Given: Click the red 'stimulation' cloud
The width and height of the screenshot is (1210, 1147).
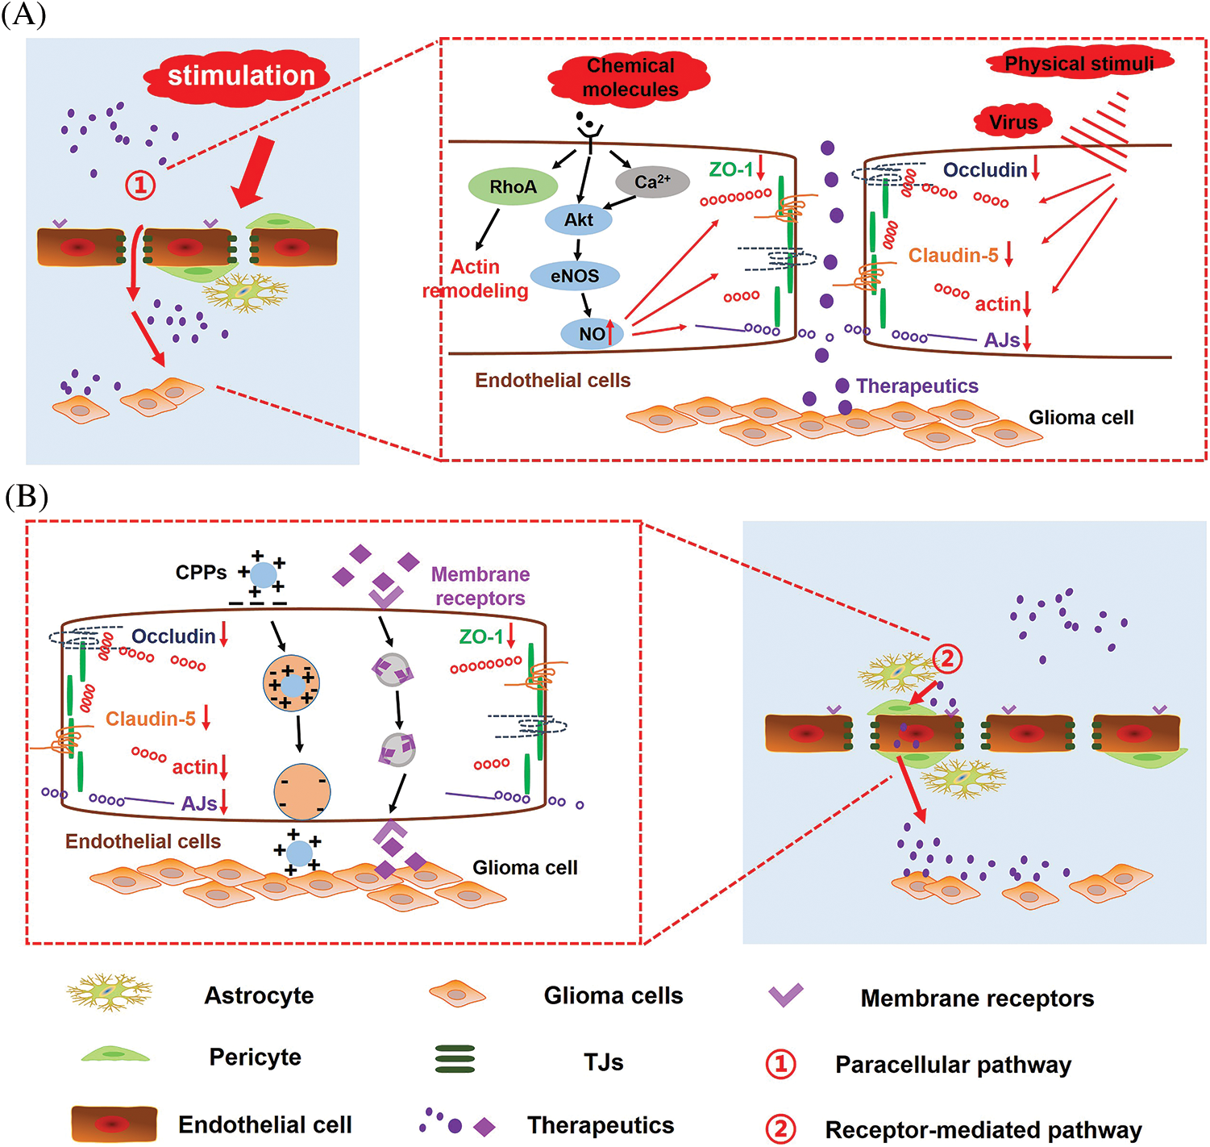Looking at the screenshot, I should (x=239, y=77).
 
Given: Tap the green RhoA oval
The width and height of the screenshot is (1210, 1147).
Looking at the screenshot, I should (x=513, y=187).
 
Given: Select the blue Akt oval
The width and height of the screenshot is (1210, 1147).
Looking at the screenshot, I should (x=578, y=219).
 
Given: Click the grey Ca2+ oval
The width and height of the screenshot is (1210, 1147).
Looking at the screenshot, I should (x=652, y=182).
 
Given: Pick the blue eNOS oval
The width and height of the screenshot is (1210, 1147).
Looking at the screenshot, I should (x=575, y=276).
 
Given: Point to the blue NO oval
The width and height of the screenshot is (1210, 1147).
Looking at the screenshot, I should (x=593, y=334).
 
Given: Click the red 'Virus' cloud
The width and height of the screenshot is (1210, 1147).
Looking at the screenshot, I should (x=1013, y=122).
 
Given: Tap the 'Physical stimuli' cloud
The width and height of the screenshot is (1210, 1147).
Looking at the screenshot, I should (x=1079, y=63).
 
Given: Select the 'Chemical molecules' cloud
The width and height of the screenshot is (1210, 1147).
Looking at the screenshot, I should (x=630, y=77).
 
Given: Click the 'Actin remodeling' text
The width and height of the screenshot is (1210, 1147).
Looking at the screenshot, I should (x=476, y=279).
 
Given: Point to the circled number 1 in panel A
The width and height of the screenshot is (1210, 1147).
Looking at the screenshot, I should (x=140, y=186).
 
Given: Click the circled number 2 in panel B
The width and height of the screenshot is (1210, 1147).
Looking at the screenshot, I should (x=947, y=659).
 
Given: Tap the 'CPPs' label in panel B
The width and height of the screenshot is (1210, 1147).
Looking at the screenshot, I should (x=202, y=573).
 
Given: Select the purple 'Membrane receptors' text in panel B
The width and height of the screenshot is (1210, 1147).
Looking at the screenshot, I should (x=480, y=586).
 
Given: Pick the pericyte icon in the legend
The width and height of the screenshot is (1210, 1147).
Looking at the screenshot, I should (x=114, y=1055).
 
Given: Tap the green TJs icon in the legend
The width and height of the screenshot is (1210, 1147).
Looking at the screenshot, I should (x=455, y=1059).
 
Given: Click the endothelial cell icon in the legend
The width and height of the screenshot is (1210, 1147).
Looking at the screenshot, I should (x=114, y=1124).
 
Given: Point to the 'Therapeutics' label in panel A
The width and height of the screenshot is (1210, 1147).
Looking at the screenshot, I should (x=917, y=386).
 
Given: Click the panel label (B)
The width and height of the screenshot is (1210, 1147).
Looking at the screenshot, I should (x=26, y=497).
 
